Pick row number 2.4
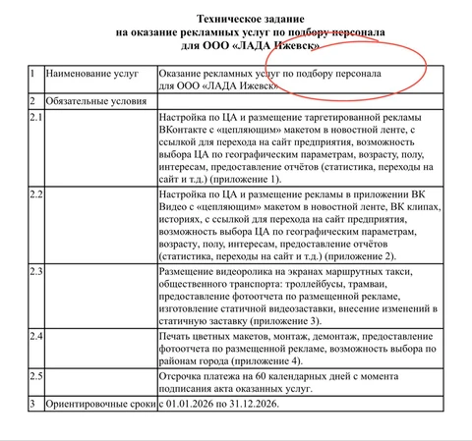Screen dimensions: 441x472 [x=36, y=337]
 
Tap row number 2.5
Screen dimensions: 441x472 [x=36, y=375]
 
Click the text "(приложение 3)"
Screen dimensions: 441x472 [x=295, y=322]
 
